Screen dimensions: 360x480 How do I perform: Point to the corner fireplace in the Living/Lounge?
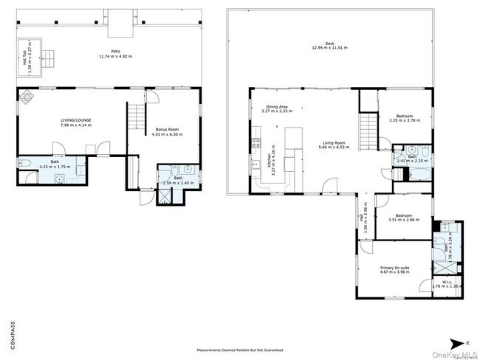pos(26,95)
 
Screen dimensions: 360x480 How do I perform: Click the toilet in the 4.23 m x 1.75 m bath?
pos(24,164)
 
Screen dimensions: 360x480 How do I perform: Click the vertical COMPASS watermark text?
pos(11,333)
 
